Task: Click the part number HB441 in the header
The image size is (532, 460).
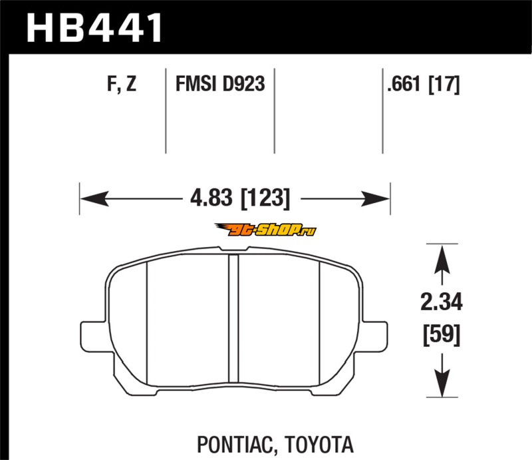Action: pos(94,28)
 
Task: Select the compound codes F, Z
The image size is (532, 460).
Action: pos(122,84)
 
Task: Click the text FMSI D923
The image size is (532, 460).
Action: pos(220,84)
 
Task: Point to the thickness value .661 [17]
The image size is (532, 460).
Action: pos(424,84)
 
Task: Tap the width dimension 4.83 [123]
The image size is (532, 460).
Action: pos(240,198)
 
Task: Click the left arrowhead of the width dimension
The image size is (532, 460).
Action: pos(94,198)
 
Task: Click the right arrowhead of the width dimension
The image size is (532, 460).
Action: pos(376,198)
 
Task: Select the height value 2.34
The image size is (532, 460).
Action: pos(442,302)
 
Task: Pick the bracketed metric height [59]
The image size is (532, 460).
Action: pos(442,335)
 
